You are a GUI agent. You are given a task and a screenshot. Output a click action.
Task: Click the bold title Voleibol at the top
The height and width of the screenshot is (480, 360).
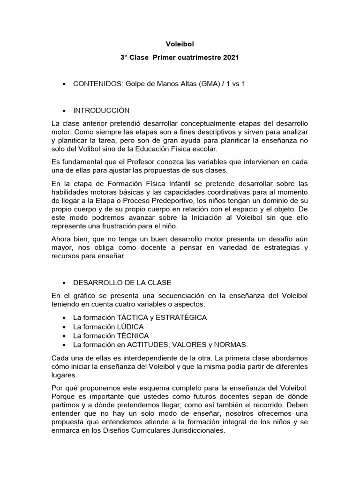click(x=180, y=44)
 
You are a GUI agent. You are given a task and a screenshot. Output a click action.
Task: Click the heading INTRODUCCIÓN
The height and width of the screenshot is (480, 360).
click(x=101, y=111)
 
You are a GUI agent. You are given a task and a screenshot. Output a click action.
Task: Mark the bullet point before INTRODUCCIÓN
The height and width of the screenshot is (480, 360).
click(x=63, y=111)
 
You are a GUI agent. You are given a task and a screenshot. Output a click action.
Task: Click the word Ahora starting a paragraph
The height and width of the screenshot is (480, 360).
click(x=62, y=240)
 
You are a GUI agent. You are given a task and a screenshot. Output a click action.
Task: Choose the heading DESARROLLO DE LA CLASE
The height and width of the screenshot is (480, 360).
click(x=122, y=283)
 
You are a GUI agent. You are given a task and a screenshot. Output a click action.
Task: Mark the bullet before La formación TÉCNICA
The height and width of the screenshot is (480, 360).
click(x=63, y=336)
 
